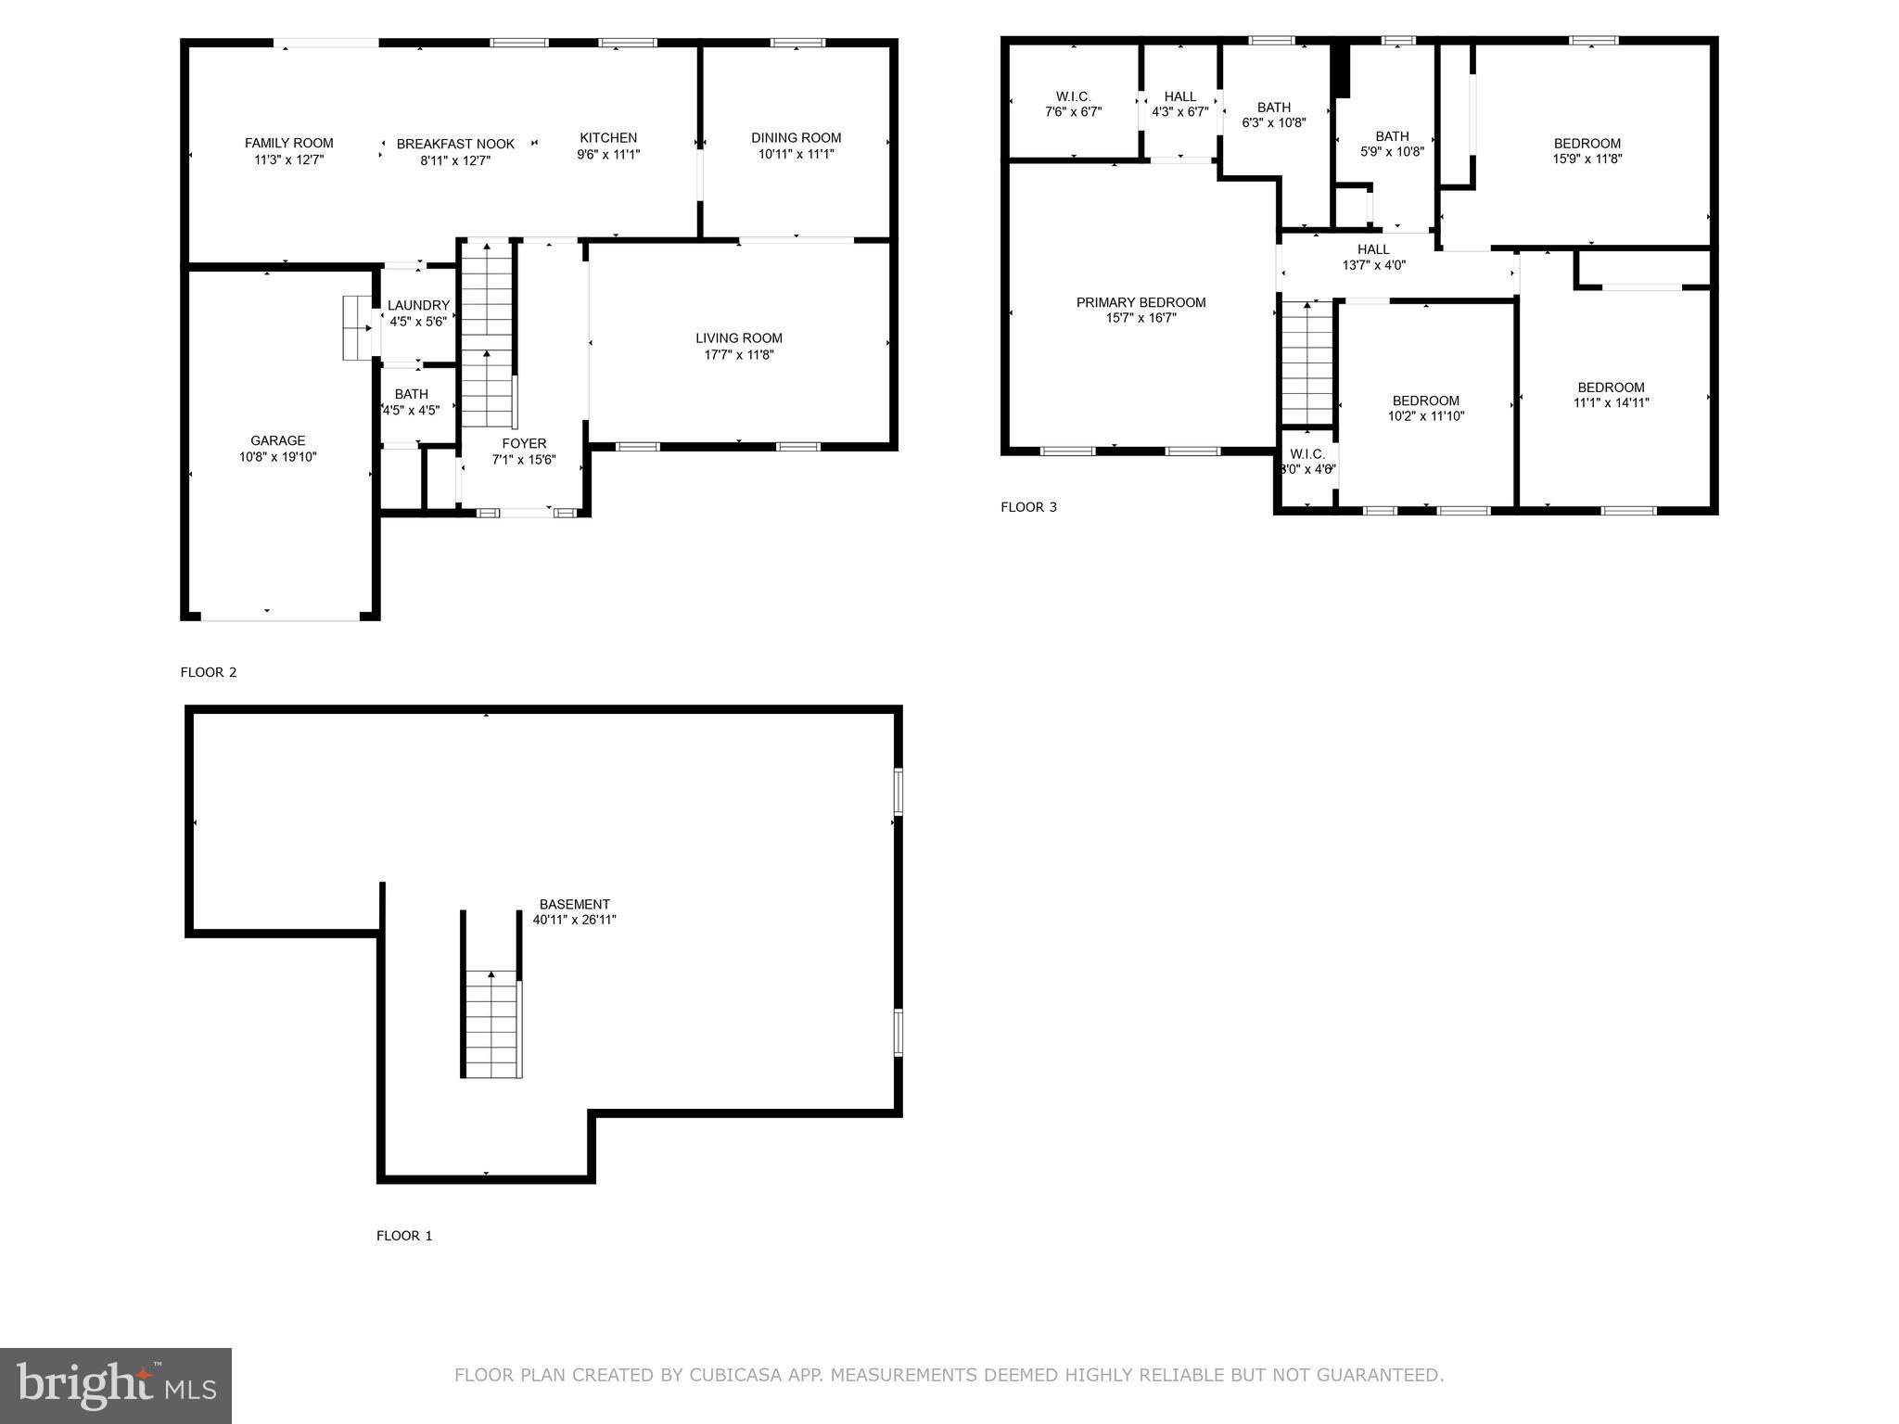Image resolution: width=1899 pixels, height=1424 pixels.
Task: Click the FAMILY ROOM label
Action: point(288,143)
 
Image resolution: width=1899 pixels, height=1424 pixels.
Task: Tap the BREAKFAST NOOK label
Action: point(455,144)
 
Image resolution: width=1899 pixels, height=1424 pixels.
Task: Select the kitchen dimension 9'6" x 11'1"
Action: point(608,155)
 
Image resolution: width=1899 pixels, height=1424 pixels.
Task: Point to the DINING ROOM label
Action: point(796,138)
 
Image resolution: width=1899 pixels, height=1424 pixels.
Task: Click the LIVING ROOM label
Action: point(739,338)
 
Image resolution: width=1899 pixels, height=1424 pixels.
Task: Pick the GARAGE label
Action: point(277,441)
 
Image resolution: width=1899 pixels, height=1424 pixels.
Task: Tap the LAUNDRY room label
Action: point(418,305)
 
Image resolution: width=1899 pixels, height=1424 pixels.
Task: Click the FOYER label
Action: point(524,443)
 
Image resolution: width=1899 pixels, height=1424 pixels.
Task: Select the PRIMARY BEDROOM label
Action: point(1141,302)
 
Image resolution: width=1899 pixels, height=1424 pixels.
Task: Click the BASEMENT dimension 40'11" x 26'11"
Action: point(574,920)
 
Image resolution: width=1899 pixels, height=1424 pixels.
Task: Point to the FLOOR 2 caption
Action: point(209,672)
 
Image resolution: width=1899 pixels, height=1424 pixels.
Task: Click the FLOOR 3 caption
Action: point(1028,507)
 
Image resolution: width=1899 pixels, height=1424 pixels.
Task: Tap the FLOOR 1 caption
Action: point(404,1236)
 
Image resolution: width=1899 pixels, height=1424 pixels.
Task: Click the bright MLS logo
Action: point(116,1386)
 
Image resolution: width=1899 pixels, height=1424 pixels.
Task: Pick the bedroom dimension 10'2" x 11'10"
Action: point(1425,416)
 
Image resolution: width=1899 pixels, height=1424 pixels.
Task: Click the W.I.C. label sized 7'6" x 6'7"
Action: point(1073,96)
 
